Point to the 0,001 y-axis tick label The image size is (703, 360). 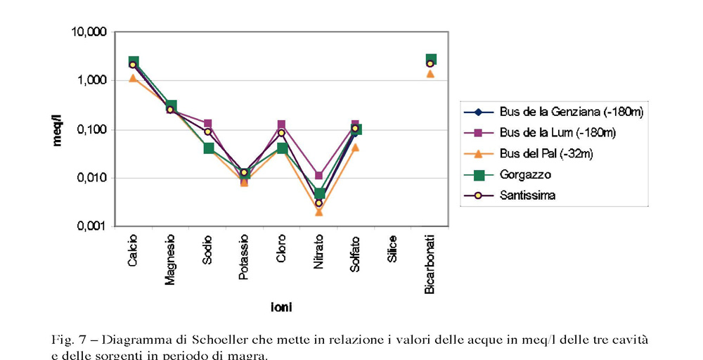pyautogui.click(x=90, y=227)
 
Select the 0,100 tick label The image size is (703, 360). pyautogui.click(x=90, y=130)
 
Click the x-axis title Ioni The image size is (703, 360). pyautogui.click(x=281, y=307)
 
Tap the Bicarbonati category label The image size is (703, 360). pyautogui.click(x=430, y=264)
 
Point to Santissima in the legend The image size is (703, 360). pyautogui.click(x=528, y=195)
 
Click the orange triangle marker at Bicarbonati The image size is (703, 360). pyautogui.click(x=430, y=73)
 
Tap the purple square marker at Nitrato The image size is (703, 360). pyautogui.click(x=318, y=176)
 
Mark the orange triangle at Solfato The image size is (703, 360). pyautogui.click(x=355, y=147)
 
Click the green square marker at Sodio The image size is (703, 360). pyautogui.click(x=208, y=148)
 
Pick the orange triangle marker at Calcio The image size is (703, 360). pyautogui.click(x=133, y=78)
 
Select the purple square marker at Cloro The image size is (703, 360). pyautogui.click(x=281, y=124)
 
